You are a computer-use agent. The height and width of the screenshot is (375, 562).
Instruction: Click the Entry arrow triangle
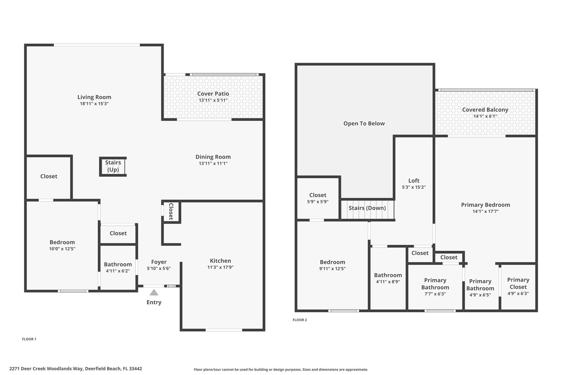pos(154,292)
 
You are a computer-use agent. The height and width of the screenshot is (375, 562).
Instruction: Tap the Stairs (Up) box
pos(113,166)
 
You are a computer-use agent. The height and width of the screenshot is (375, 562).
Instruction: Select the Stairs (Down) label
pos(367,208)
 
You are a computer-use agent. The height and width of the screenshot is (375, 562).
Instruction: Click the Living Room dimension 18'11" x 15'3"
pos(94,104)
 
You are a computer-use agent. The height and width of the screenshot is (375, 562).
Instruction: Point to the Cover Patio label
pos(213,94)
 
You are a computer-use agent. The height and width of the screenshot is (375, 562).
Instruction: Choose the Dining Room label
pos(213,157)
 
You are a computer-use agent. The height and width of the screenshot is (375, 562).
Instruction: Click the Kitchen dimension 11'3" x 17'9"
pos(220,267)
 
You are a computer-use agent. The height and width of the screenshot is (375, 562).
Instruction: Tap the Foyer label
pos(159,262)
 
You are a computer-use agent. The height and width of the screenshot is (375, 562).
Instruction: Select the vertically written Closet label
pos(171,212)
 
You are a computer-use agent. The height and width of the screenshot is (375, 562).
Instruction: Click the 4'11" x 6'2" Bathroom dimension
pos(118,271)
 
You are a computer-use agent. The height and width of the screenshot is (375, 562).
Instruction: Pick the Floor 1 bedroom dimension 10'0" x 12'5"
pos(62,249)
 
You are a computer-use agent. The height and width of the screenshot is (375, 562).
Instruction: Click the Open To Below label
pos(364,124)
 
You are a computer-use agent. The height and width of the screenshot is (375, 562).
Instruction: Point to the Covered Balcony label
pos(485,110)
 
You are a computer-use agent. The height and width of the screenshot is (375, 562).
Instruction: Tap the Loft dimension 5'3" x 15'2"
pos(414,187)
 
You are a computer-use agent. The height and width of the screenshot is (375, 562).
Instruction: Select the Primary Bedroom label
pos(485,205)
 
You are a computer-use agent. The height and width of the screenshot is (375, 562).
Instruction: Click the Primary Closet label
pos(518,283)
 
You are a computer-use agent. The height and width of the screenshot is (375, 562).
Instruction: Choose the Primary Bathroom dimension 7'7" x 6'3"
pos(435,294)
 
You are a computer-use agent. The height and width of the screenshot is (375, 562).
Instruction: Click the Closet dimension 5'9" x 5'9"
pos(318,202)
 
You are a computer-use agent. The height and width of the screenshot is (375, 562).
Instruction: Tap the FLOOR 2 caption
pos(300,320)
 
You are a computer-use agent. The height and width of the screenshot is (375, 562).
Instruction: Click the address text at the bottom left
pos(76,369)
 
